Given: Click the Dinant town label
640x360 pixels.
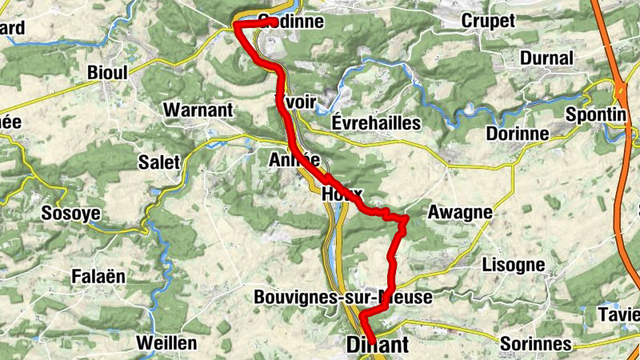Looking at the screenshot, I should coord(378,345).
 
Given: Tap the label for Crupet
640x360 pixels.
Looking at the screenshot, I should coord(488,22).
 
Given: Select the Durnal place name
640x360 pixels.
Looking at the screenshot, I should coord(546,58).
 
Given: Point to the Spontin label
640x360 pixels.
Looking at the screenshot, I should coord(595,114).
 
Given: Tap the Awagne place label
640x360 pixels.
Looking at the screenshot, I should coord(459,213).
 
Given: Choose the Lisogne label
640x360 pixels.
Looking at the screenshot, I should coord(514,264).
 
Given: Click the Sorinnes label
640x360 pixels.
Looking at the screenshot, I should coord(535,344).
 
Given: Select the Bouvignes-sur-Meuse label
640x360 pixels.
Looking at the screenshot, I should coord(342,298).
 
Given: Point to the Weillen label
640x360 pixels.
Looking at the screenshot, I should coord(166,342).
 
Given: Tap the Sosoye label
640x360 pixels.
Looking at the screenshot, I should coord(70,214).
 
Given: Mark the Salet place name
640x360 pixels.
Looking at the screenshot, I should coord(159,162).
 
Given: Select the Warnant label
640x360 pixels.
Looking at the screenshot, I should coord(198,110).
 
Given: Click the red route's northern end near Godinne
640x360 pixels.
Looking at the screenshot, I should coord(238,25).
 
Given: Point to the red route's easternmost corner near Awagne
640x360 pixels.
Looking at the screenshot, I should coord(406,218).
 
